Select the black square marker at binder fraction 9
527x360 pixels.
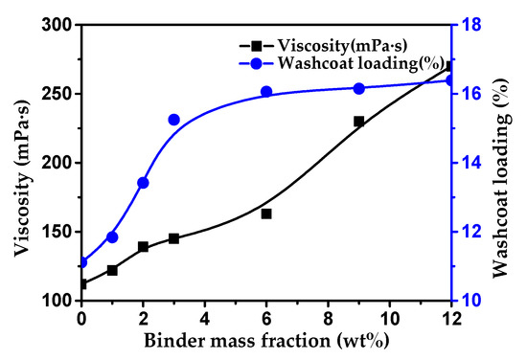(358, 122)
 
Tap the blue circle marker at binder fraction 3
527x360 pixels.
(173, 120)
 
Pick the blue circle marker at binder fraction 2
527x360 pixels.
(143, 183)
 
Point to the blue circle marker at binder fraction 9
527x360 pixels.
(358, 88)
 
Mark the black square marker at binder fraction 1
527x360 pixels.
(112, 270)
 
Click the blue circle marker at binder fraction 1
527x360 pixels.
(112, 237)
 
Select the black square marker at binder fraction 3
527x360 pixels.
(173, 238)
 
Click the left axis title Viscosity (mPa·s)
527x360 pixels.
(20, 163)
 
